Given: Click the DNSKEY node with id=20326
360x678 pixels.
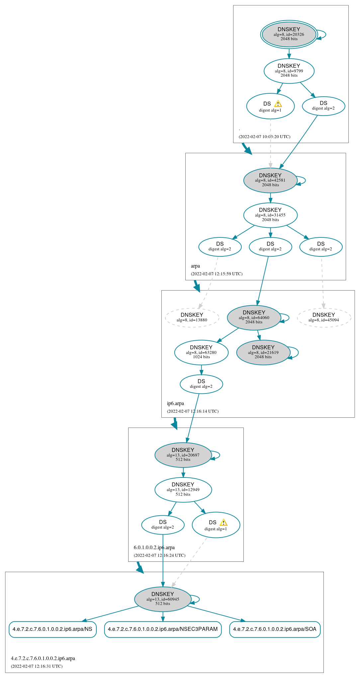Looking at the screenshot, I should click(289, 34).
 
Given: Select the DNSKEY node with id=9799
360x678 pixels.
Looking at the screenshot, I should click(289, 71).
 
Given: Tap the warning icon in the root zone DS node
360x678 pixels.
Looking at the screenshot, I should click(278, 104).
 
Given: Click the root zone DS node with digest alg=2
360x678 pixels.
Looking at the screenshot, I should click(323, 106).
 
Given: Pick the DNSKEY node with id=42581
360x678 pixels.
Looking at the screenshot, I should click(270, 180).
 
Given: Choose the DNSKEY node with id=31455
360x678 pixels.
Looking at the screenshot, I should click(270, 215).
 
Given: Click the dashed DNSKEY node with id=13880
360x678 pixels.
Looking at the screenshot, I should click(192, 317).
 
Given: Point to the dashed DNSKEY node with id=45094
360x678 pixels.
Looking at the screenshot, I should click(324, 317).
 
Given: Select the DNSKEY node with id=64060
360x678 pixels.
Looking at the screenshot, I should click(254, 317).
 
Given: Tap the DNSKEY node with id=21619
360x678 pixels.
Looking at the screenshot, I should click(263, 352).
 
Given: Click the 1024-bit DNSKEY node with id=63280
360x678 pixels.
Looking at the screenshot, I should click(201, 352).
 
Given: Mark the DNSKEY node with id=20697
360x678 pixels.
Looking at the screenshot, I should click(183, 455).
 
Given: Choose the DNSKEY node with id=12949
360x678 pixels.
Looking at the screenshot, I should click(183, 489).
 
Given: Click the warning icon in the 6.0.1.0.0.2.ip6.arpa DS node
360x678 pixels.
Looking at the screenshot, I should click(224, 522).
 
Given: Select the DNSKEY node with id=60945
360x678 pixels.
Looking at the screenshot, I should click(163, 599).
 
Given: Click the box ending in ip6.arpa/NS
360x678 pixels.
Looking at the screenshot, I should click(52, 629).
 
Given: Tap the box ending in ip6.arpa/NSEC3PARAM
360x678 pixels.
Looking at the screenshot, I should click(163, 629).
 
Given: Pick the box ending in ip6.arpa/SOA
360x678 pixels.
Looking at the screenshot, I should click(275, 629).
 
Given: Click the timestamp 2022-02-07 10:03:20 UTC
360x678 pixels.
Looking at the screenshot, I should click(264, 136).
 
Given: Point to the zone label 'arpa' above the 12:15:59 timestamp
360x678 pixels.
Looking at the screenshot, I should click(195, 266).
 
